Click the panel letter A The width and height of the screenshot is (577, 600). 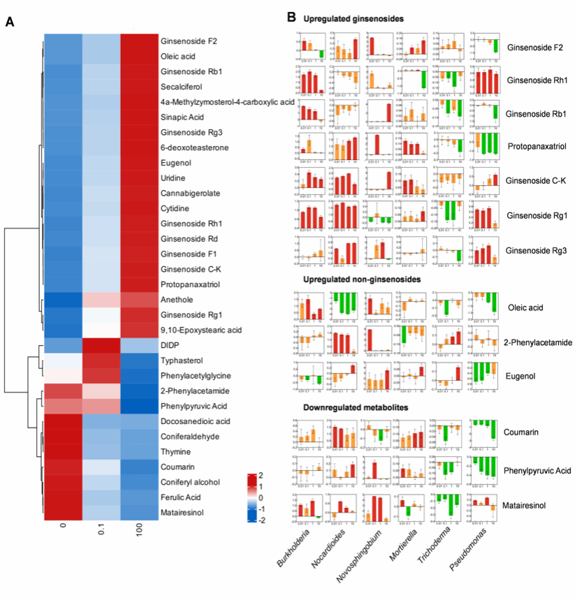(x=10, y=22)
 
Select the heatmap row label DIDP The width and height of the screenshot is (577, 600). (x=171, y=345)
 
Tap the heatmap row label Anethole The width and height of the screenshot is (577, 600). (x=179, y=299)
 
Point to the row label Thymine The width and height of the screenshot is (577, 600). (x=177, y=451)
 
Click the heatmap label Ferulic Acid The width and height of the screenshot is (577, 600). (x=183, y=497)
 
